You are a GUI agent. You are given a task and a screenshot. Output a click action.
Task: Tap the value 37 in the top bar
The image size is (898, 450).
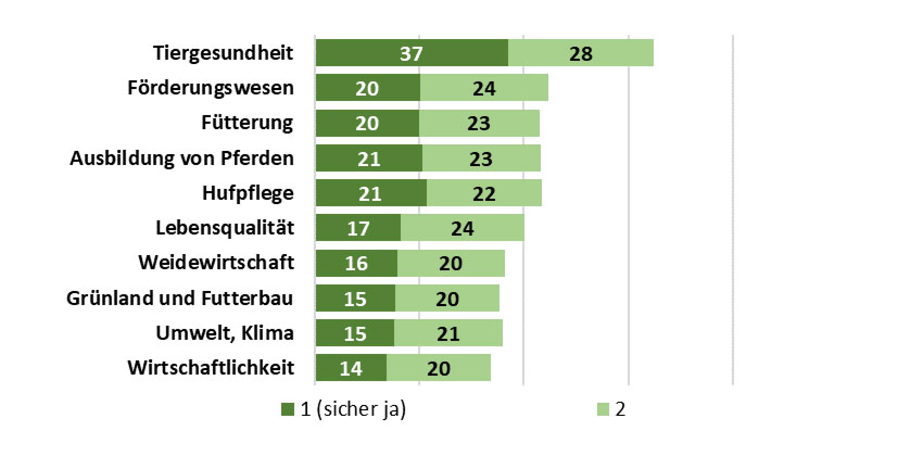[x=411, y=54]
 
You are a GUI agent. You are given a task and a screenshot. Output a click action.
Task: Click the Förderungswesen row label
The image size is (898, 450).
[x=211, y=88]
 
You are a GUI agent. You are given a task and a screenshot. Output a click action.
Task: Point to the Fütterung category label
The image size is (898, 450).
[x=247, y=123]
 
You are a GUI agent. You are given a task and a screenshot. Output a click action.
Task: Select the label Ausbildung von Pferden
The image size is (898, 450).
[x=182, y=158]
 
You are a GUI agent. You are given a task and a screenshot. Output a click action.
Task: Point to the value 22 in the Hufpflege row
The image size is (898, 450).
[x=484, y=194]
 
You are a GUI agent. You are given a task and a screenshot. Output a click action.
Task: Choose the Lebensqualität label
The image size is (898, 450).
[x=225, y=228]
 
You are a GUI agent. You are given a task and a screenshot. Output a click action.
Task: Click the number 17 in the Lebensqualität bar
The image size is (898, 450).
[x=358, y=229]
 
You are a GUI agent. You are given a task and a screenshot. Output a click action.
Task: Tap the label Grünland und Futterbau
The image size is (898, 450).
[x=180, y=298]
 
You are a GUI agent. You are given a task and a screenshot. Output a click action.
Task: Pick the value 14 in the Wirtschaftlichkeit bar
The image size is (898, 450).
[x=350, y=369]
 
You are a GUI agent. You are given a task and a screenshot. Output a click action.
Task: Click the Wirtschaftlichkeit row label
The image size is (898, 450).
[x=211, y=367]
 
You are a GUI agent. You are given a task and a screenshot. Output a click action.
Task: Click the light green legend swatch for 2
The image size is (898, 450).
[x=603, y=409]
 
